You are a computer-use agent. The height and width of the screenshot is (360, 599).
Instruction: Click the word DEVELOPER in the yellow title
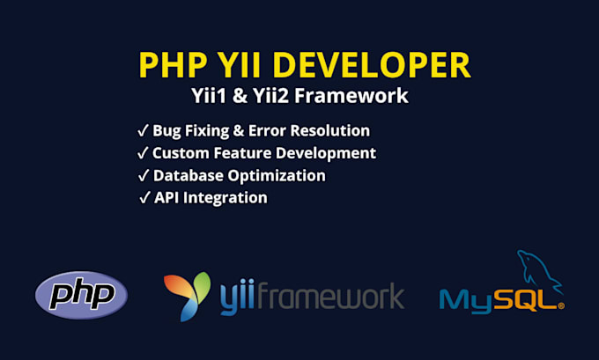[x=372, y=65]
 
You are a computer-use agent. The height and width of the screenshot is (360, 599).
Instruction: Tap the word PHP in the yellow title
[x=173, y=65]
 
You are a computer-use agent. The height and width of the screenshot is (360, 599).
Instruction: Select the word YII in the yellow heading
[x=239, y=65]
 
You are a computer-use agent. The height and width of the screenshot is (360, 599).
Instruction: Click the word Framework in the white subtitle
[x=351, y=95]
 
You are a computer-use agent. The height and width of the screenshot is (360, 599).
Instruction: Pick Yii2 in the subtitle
[x=270, y=95]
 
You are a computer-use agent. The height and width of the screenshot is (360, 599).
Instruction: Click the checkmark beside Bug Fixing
[x=143, y=130]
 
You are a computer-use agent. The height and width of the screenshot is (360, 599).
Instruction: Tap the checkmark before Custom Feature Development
[x=143, y=153]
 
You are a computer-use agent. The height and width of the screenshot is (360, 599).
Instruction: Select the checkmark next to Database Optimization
[x=144, y=176]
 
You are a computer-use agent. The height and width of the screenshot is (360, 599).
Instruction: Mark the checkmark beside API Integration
[x=144, y=198]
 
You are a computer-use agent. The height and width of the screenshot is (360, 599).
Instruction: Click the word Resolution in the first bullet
[x=330, y=130]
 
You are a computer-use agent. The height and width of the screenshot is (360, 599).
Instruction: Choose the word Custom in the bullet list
[x=181, y=153]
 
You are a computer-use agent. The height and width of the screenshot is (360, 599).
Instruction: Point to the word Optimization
[x=277, y=176]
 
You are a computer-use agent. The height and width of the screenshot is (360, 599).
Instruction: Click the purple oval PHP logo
[x=81, y=295]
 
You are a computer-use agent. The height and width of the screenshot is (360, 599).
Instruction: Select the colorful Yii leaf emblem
[x=187, y=297]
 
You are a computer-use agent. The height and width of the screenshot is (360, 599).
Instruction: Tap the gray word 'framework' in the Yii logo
[x=330, y=295]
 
